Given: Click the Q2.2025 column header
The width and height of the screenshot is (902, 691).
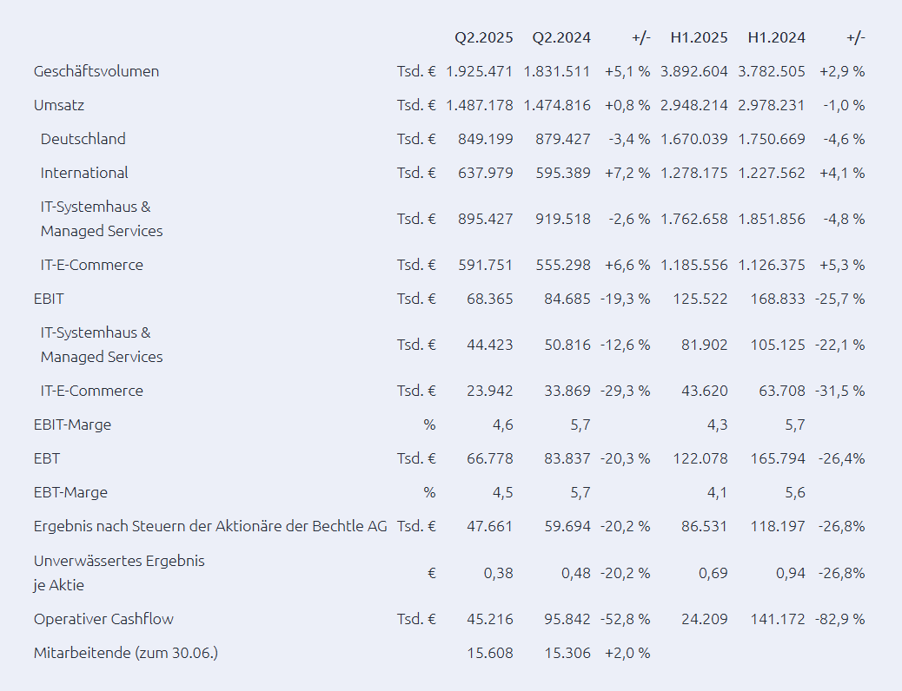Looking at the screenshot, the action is tap(484, 37).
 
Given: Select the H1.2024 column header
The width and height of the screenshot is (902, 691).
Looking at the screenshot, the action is tap(777, 37).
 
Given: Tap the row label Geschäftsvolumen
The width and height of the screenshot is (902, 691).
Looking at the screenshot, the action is tap(96, 71).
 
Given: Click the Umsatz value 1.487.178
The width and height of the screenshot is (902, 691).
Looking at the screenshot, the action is tap(479, 105).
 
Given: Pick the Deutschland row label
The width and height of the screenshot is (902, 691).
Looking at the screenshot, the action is tap(83, 139).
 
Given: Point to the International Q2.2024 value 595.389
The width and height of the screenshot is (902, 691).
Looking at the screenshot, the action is tap(563, 173).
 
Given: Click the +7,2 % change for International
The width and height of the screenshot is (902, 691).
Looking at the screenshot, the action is tap(627, 173).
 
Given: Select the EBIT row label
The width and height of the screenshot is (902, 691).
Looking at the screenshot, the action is tap(49, 299).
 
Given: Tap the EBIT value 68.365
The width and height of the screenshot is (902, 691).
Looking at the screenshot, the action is tap(490, 299).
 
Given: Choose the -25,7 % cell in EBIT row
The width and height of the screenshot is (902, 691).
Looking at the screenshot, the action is tap(840, 299).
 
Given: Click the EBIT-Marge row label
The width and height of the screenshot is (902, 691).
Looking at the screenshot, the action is tap(72, 424).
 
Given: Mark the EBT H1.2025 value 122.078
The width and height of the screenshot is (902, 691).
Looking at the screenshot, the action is tap(700, 458).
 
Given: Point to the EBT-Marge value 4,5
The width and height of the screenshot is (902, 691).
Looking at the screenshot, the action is tap(503, 493).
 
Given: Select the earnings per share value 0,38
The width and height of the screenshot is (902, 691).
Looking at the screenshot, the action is tap(498, 573).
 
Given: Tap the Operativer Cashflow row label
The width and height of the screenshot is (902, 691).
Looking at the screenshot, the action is tap(103, 619).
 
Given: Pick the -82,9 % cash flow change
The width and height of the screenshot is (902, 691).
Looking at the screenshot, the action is tap(840, 619).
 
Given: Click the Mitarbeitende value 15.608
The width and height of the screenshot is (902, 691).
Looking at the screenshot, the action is tap(490, 653).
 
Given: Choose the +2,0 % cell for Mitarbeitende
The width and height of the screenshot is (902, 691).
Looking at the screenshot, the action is tap(627, 653).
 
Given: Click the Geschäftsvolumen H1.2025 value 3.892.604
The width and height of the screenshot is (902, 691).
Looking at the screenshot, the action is tap(694, 71).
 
